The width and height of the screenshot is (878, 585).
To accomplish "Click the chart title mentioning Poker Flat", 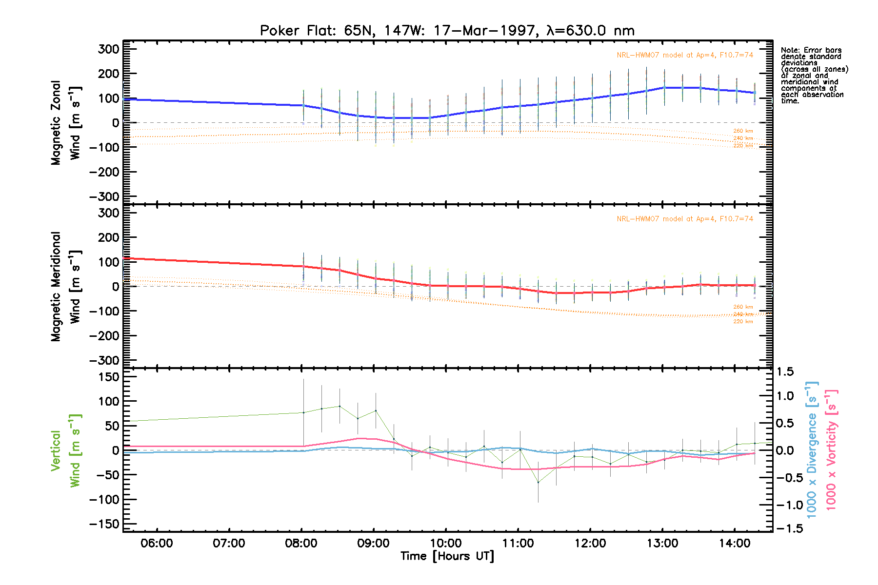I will pyautogui.click(x=447, y=31).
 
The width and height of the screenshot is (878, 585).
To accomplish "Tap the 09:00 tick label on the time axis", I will pyautogui.click(x=374, y=543).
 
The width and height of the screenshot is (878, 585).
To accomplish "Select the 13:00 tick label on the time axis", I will pyautogui.click(x=662, y=543).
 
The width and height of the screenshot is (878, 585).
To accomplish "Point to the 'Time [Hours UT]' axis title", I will pyautogui.click(x=447, y=556).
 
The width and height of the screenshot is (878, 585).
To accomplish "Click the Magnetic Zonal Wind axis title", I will pyautogui.click(x=65, y=123).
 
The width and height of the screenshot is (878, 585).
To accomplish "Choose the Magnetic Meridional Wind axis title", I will pyautogui.click(x=65, y=287).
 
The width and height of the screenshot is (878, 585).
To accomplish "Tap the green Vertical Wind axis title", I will pyautogui.click(x=65, y=450).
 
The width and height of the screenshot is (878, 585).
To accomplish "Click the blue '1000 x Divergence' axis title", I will pyautogui.click(x=812, y=449).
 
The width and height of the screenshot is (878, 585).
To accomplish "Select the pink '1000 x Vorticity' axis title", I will pyautogui.click(x=831, y=449).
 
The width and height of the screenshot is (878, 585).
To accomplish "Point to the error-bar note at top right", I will pyautogui.click(x=814, y=76).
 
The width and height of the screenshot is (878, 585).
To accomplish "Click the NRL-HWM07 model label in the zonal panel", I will pyautogui.click(x=684, y=55).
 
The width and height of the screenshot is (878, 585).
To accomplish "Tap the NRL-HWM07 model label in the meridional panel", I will pyautogui.click(x=684, y=219).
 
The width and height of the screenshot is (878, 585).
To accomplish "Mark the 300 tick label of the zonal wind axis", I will pyautogui.click(x=108, y=49).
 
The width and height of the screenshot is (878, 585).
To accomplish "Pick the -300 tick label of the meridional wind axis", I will pyautogui.click(x=104, y=361).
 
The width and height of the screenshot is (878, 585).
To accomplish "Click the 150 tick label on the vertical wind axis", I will pyautogui.click(x=108, y=377).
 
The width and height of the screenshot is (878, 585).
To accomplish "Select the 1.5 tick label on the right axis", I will pyautogui.click(x=785, y=372).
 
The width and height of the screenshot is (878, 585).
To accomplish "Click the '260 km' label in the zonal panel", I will pyautogui.click(x=743, y=131).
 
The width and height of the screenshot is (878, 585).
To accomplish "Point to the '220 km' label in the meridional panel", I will pyautogui.click(x=743, y=322).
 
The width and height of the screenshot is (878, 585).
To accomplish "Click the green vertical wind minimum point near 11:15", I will pyautogui.click(x=538, y=482).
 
